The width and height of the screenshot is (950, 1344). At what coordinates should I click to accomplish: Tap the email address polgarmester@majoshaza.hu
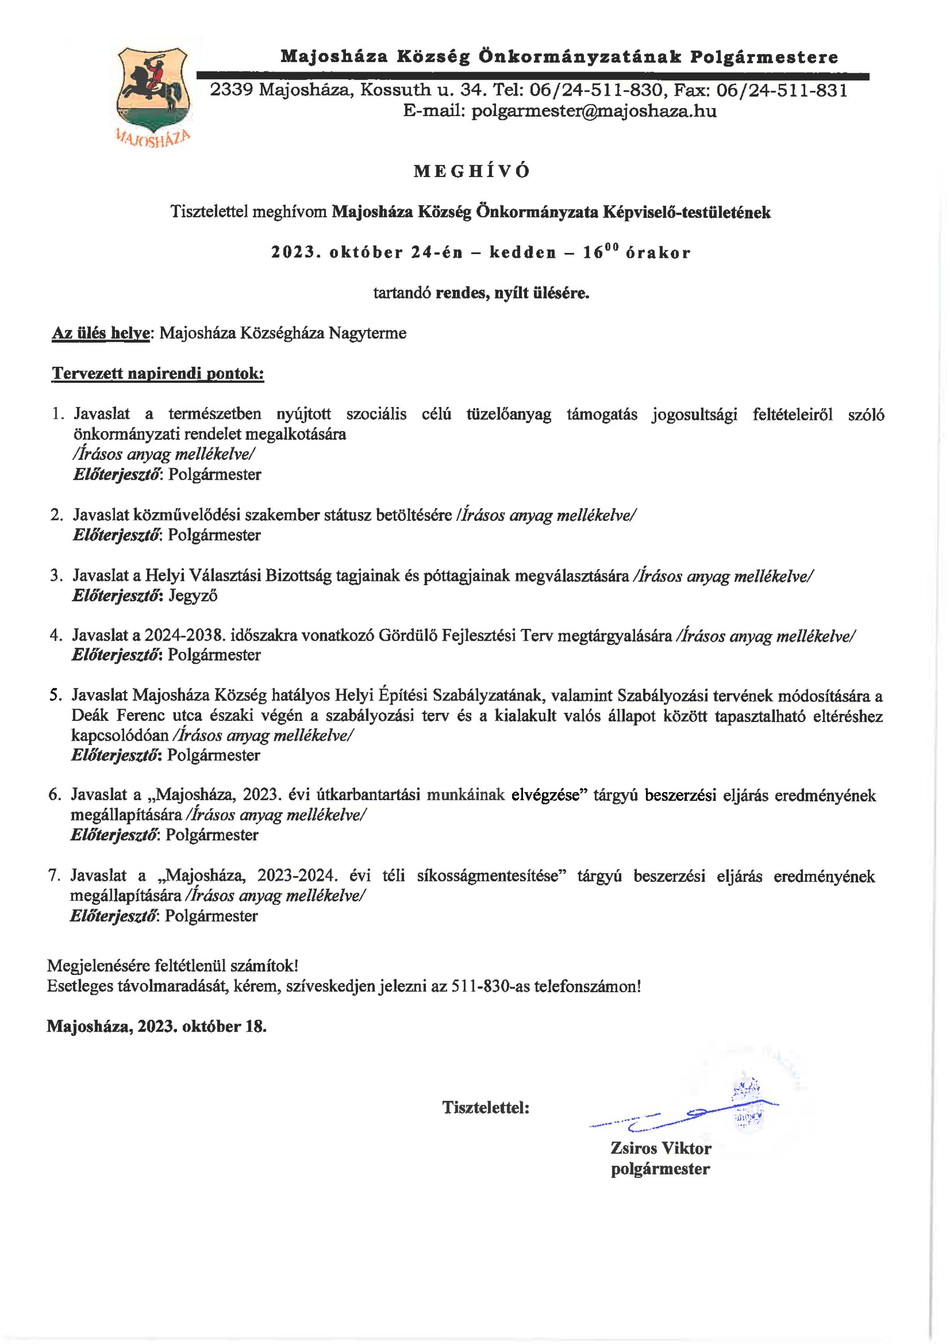point(594,111)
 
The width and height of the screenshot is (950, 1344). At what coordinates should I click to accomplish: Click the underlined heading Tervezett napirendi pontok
point(158,374)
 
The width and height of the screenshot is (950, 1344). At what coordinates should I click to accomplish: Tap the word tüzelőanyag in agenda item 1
point(508,414)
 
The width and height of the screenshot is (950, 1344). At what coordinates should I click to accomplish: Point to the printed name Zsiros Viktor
point(660,1148)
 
